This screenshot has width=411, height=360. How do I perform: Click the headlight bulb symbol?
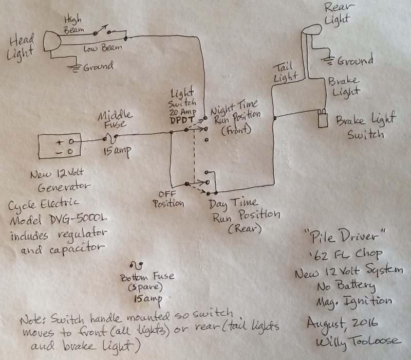[x=52, y=41]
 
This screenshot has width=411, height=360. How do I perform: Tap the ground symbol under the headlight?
[x=74, y=68]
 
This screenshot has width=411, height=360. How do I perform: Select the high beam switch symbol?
[x=102, y=30]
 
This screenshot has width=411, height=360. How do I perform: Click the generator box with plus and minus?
[x=60, y=146]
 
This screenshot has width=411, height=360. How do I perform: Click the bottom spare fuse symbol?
[x=136, y=265]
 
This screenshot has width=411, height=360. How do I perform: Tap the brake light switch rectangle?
[x=323, y=119]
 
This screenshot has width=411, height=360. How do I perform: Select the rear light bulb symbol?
[x=312, y=29]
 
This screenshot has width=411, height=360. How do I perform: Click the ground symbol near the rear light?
[x=328, y=61]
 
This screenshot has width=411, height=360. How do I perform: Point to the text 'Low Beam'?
[x=103, y=48]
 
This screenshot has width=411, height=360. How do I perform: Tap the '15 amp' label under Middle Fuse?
[x=117, y=151]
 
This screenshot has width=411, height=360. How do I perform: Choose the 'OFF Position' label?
[x=169, y=199]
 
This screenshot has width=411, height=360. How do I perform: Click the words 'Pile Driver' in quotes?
[x=345, y=236]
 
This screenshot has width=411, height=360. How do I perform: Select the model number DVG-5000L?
[x=78, y=219]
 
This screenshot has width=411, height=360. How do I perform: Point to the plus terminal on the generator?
[x=60, y=142]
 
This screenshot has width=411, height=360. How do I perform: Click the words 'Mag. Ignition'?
[x=354, y=302]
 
